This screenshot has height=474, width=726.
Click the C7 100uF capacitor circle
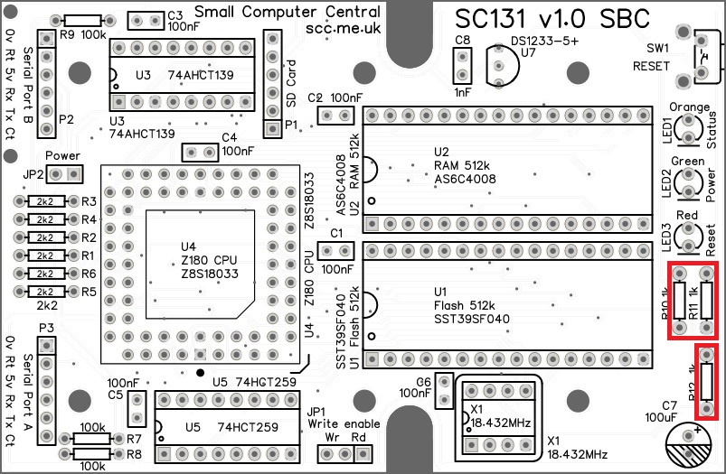(x=693, y=448)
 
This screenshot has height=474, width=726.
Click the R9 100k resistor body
(x=83, y=21)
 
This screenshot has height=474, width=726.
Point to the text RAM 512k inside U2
(x=458, y=166)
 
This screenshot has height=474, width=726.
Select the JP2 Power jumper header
(x=64, y=172)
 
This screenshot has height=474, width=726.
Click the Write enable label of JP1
(x=343, y=423)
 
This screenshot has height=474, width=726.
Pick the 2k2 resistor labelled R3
(x=43, y=201)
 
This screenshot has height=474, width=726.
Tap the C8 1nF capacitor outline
(x=463, y=65)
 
